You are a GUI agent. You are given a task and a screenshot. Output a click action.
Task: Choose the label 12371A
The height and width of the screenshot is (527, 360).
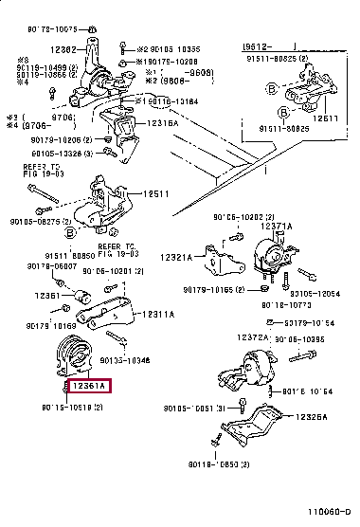(x=276, y=228)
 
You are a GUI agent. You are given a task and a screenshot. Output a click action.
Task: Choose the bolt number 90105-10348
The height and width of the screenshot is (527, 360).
(x=152, y=360)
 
